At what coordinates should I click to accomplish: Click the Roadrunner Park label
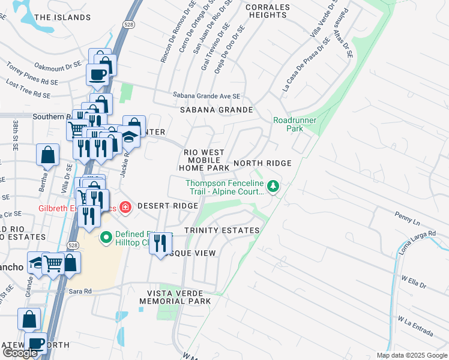click(295, 124)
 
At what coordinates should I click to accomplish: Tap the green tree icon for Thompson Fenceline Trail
click(274, 187)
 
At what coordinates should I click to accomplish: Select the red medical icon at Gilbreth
click(125, 207)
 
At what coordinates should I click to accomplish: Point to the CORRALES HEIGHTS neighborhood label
click(268, 12)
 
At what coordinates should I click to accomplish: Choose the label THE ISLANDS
click(62, 17)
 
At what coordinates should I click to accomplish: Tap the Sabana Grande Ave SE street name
click(206, 95)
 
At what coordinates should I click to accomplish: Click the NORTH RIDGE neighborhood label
click(262, 163)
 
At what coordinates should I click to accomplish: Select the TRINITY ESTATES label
click(222, 230)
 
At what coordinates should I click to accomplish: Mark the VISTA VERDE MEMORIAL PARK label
click(175, 297)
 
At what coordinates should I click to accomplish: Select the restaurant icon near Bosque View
click(160, 244)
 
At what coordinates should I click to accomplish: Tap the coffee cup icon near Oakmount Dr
click(97, 75)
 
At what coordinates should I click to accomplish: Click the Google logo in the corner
click(20, 353)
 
